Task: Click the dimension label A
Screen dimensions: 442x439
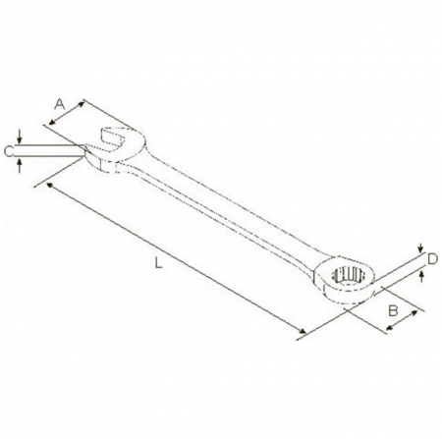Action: tap(60, 104)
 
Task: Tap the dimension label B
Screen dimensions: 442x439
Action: tap(393, 310)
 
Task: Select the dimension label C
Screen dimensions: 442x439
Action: tap(9, 151)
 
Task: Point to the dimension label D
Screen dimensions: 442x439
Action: tap(432, 259)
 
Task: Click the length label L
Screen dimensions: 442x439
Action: tap(158, 263)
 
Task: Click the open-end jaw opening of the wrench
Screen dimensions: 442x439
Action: tap(113, 139)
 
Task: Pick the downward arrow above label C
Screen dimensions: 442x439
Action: tap(20, 137)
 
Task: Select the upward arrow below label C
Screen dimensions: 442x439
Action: tap(20, 165)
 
